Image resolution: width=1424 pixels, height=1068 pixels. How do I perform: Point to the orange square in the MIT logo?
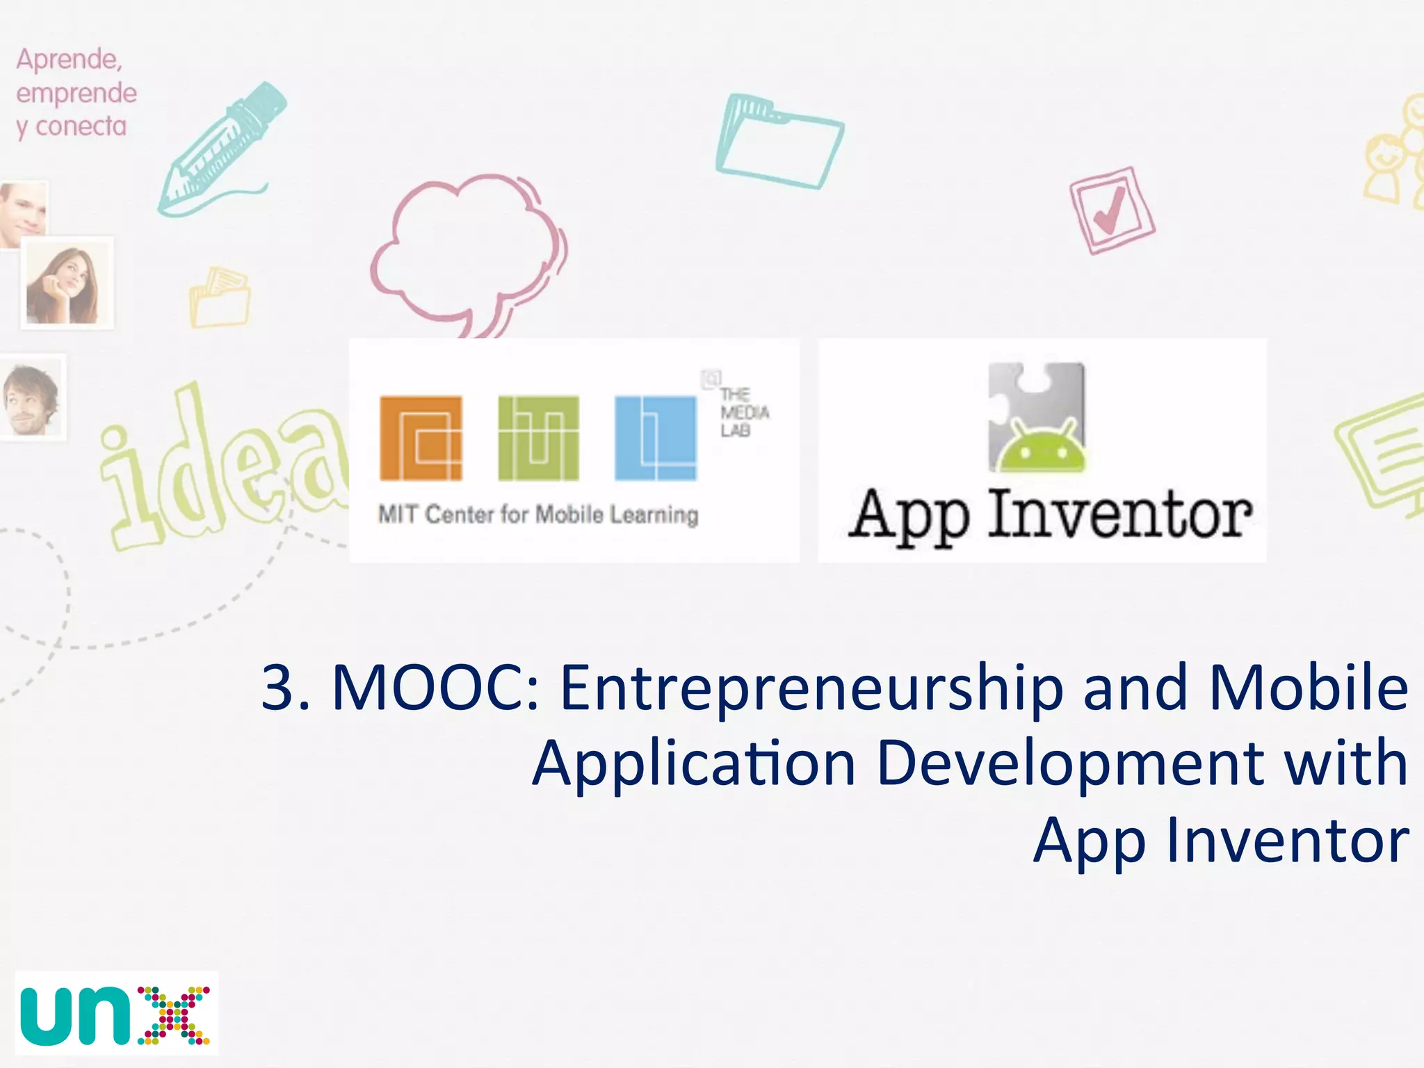click(421, 438)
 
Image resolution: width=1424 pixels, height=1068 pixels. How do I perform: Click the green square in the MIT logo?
click(538, 438)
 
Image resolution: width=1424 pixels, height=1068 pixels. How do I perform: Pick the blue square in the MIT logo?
click(655, 438)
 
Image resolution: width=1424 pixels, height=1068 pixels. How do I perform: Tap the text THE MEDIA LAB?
click(743, 412)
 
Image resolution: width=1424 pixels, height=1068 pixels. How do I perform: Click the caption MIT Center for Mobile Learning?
click(538, 515)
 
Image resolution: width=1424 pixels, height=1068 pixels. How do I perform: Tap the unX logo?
click(116, 1013)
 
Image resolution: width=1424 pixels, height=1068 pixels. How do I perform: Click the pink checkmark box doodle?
click(1111, 210)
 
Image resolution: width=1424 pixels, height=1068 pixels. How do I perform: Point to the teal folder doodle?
click(779, 143)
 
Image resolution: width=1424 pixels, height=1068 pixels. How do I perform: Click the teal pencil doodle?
click(221, 149)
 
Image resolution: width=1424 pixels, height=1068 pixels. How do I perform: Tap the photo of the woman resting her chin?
click(66, 283)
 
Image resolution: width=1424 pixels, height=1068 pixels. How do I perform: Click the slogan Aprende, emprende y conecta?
click(75, 92)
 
